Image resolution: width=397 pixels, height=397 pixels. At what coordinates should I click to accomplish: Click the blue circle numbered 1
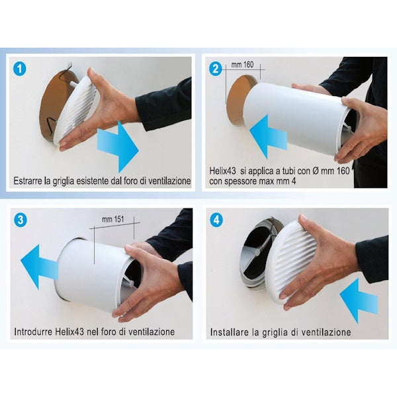click(19, 69)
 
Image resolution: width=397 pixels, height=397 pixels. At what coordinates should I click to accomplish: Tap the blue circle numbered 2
click(216, 69)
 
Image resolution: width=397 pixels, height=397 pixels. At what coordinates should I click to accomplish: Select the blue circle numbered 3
click(21, 220)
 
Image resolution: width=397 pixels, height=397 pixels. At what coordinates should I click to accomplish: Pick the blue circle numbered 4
click(217, 220)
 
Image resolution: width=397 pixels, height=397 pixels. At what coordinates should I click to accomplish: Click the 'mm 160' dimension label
click(242, 65)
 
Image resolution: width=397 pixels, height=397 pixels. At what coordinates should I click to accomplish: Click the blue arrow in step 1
click(118, 147)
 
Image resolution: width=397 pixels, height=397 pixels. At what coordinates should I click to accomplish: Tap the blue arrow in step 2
click(268, 136)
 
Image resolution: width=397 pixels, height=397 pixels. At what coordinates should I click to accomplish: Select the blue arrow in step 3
click(39, 267)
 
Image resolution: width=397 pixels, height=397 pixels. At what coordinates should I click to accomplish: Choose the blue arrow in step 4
click(359, 301)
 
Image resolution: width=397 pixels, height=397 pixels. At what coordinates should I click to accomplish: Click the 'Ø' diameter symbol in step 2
click(315, 171)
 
